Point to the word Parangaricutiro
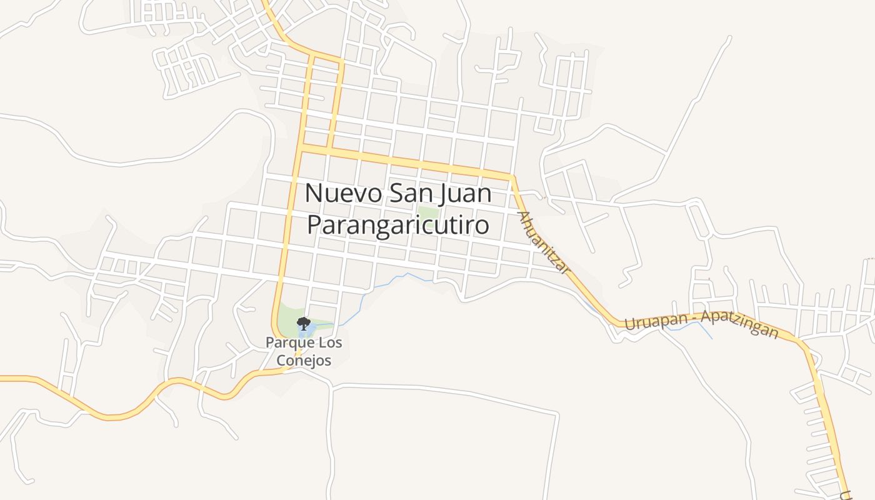[x=397, y=225]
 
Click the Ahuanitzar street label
[x=544, y=242]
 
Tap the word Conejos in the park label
[x=306, y=361]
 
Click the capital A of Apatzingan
[x=705, y=317]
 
